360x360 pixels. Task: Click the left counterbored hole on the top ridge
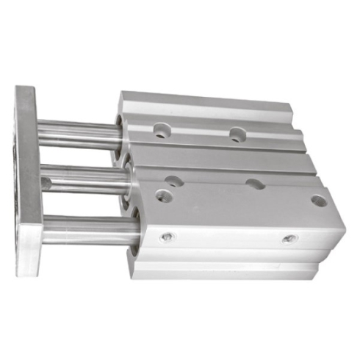click(160, 131)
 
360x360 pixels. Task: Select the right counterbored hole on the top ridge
click(237, 134)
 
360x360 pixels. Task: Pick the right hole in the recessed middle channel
click(254, 184)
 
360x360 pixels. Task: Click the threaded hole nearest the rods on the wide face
click(164, 195)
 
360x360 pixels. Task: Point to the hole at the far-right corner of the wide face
click(317, 200)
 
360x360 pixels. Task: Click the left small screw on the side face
click(168, 237)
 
